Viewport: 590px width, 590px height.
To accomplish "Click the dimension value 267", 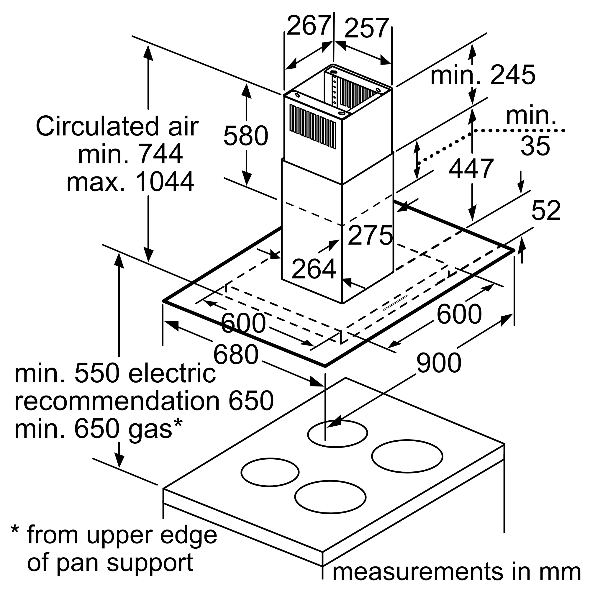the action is [309, 26].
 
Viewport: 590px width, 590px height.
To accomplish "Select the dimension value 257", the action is [366, 28].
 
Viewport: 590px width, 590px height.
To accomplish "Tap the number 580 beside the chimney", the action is [246, 135].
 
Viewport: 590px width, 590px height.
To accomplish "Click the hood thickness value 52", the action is [546, 210].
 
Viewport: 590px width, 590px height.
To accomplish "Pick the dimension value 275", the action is [370, 235].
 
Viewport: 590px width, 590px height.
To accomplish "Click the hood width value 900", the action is [439, 363].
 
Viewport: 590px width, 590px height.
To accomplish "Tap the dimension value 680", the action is [236, 354].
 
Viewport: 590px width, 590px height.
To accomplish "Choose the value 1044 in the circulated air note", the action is [164, 181].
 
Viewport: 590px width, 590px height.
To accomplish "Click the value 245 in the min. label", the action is [513, 75].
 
